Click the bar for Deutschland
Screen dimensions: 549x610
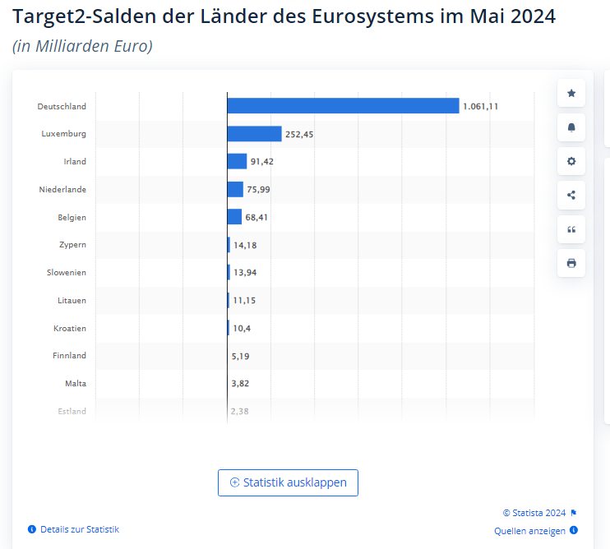coord(343,106)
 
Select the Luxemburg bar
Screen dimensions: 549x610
coord(254,134)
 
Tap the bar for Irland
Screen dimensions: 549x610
coord(237,161)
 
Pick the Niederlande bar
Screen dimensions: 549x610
coord(235,189)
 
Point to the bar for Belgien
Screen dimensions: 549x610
coord(234,217)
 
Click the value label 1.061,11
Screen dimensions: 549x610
coord(481,106)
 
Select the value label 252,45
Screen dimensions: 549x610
coord(299,134)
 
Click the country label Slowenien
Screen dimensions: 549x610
coord(66,272)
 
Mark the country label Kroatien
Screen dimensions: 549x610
coord(69,328)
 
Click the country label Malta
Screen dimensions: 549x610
coord(76,384)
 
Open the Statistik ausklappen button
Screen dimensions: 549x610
coord(288,482)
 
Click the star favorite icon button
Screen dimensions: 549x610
coord(571,93)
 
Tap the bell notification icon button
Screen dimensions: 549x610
coord(571,127)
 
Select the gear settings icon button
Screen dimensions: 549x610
coord(571,161)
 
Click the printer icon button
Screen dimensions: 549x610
coord(571,263)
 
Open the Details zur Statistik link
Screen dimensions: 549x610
coord(79,529)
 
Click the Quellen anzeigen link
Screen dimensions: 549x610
coord(530,531)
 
